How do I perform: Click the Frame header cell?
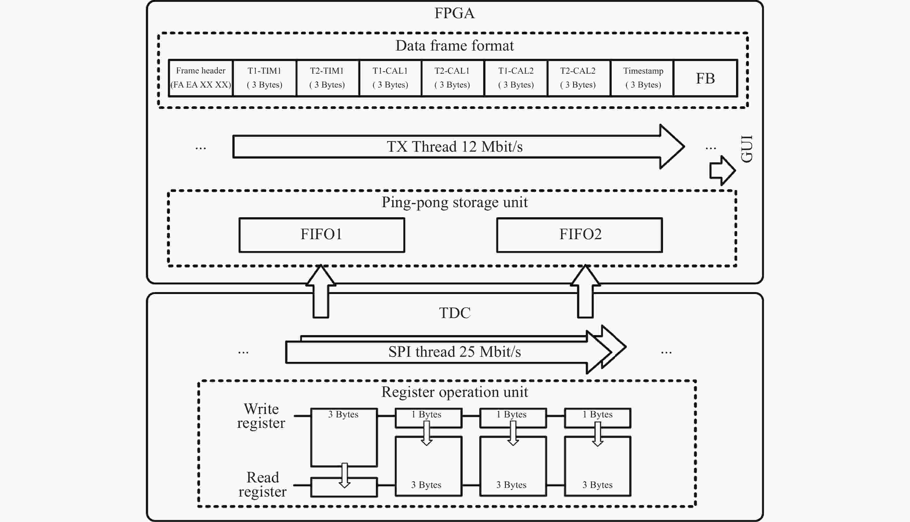(x=201, y=78)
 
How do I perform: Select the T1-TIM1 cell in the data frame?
(x=265, y=78)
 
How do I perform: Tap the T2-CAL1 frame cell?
(x=452, y=78)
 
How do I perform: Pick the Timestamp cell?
(x=643, y=78)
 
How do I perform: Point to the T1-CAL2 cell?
(x=516, y=78)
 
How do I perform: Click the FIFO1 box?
(x=322, y=235)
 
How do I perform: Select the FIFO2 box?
(x=580, y=235)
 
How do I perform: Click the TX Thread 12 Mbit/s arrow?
(x=454, y=147)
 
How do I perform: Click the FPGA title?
(x=454, y=13)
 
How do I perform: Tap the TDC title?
(x=454, y=313)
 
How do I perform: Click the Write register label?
(x=261, y=416)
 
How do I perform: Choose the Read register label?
(x=262, y=484)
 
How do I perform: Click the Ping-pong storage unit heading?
(x=454, y=202)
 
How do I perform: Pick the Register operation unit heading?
(x=454, y=392)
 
